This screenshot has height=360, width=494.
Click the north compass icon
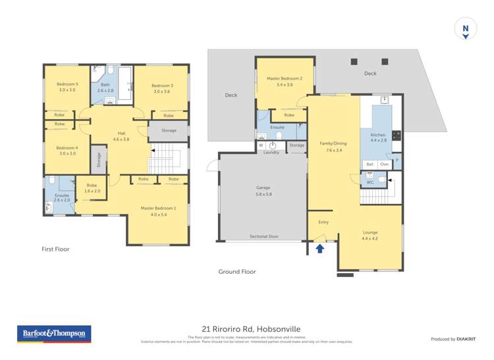[x=465, y=30]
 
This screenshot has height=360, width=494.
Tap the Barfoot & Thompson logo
[x=54, y=334]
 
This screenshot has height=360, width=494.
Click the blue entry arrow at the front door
[x=320, y=248]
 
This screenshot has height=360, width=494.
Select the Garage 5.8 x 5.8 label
[x=263, y=191]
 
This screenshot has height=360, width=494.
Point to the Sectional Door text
[x=263, y=236]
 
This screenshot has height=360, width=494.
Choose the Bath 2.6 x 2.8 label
[x=105, y=88]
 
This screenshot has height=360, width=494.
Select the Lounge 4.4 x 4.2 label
[x=370, y=235]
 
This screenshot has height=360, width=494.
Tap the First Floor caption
[x=55, y=249]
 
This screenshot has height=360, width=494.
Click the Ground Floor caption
[x=236, y=271]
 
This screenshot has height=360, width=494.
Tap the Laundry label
[x=271, y=153]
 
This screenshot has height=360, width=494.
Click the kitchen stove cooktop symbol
[x=397, y=136]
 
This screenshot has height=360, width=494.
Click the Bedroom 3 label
[x=162, y=88]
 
